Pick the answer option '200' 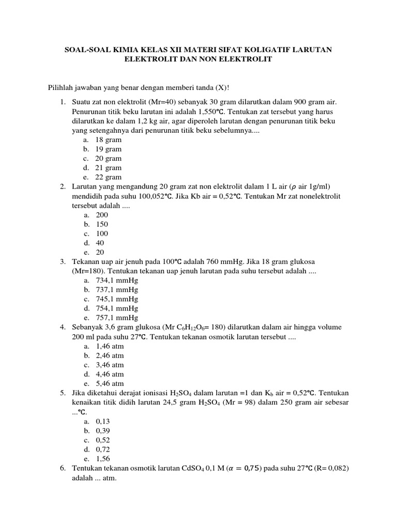point(102,214)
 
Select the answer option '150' point(102,224)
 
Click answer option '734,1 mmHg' point(117,280)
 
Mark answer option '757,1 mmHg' point(117,317)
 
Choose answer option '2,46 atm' point(110,355)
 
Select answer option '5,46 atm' point(110,383)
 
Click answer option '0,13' point(102,421)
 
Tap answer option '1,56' point(102,458)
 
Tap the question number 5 point(62,393)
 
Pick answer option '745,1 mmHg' point(117,299)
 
